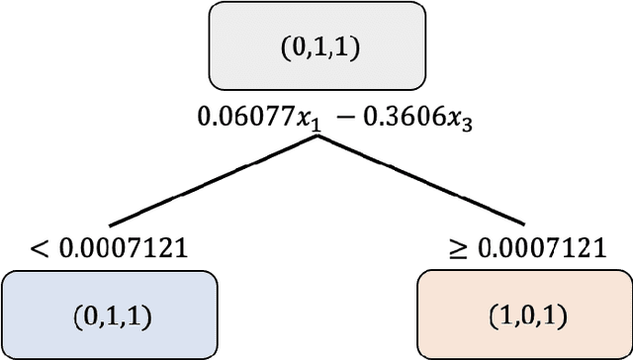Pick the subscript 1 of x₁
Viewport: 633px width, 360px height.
[293, 127]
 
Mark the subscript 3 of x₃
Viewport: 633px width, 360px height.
[431, 127]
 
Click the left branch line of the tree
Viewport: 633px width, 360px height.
[213, 181]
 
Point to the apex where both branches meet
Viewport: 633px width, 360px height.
[316, 137]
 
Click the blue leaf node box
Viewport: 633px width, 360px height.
[110, 315]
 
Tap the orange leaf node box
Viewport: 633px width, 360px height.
[524, 315]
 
